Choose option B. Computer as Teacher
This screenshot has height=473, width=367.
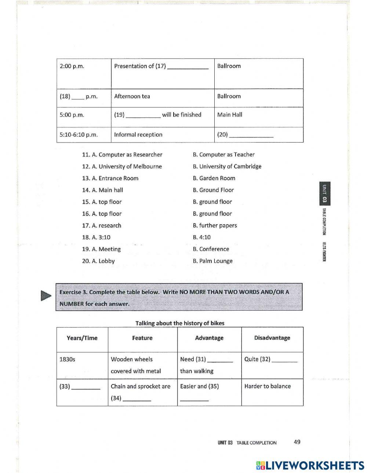224,155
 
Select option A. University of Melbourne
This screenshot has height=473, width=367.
122,166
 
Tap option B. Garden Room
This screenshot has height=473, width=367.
214,178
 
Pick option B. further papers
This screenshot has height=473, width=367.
215,225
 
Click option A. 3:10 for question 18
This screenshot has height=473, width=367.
96,237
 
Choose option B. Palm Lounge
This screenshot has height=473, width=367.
212,261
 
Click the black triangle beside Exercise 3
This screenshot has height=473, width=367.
46,295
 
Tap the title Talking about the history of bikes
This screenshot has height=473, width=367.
180,323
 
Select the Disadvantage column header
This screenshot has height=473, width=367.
272,338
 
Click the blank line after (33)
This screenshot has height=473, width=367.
86,388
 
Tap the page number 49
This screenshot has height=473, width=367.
297,442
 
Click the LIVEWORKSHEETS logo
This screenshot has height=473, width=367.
310,465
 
